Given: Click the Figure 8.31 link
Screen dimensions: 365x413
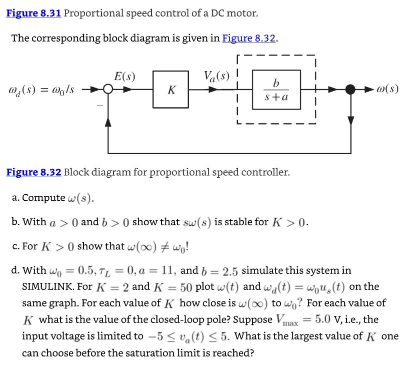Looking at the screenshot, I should click(33, 13).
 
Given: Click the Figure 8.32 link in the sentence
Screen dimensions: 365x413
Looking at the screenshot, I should click(249, 38).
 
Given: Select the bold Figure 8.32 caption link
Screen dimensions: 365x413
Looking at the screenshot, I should click(33, 172).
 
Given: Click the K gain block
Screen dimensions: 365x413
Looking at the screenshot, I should click(172, 90).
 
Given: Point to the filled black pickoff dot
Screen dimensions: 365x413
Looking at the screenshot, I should click(350, 90).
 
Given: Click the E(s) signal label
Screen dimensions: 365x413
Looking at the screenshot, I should click(124, 77).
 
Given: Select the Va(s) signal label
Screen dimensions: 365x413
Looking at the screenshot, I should click(216, 77).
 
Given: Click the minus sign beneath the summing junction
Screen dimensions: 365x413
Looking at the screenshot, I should click(99, 106).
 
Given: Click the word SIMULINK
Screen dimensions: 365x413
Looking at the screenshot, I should click(47, 287).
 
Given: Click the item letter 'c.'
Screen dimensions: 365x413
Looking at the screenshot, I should click(15, 246).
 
